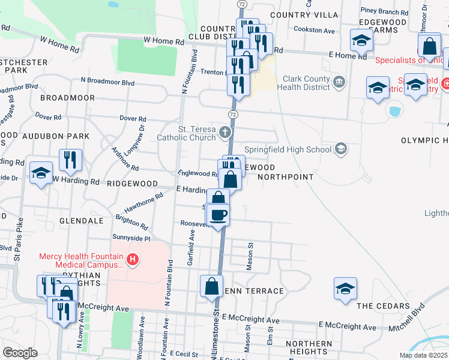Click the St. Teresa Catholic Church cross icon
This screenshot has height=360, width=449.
click(x=224, y=132)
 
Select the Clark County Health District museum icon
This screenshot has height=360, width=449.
click(x=338, y=81)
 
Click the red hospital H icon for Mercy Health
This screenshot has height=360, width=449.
click(x=133, y=259)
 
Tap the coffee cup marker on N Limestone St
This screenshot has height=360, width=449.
click(x=218, y=214)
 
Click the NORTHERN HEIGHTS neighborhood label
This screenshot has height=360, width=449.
click(x=309, y=348)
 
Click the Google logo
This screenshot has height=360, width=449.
click(x=20, y=353)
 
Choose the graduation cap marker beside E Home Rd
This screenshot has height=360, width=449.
click(x=361, y=41)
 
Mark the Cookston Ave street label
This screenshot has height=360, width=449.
click(x=318, y=30)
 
